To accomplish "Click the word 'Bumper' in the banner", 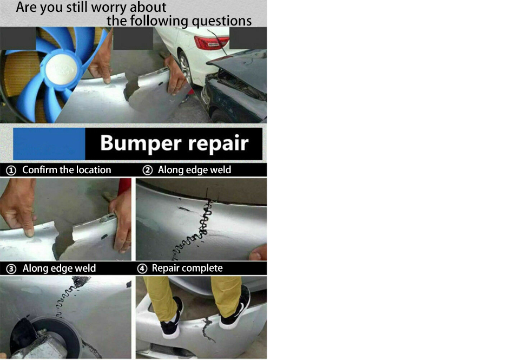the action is pos(141,143).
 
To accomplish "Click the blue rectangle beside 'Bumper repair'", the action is pos(49,144).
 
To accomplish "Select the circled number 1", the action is pos(11,171).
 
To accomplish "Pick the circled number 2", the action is pos(148,170).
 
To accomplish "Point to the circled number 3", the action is pos(11,269).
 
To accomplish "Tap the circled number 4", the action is pos(142,269).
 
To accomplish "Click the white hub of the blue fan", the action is pos(61,69).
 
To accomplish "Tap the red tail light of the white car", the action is pos(211,43).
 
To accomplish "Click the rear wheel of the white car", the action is pos(186,69).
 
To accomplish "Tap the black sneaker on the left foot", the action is pos(172,318).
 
